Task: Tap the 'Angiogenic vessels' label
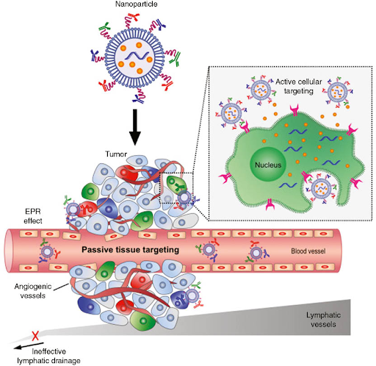pyautogui.click(x=33, y=291)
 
